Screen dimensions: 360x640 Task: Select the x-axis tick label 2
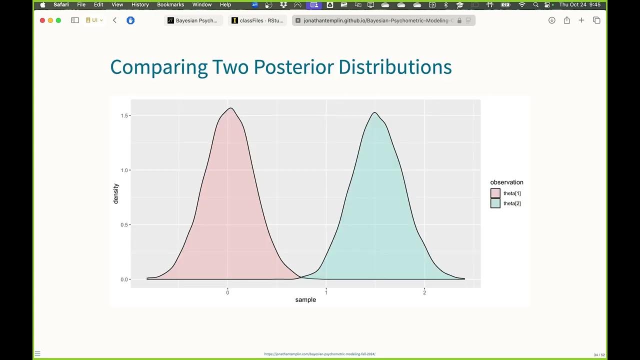click(424, 292)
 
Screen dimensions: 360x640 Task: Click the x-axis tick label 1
click(326, 292)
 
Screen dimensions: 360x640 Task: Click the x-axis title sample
click(305, 300)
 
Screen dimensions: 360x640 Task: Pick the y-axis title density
click(116, 193)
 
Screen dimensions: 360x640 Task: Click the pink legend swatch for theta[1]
click(495, 193)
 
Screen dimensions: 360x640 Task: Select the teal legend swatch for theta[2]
click(495, 203)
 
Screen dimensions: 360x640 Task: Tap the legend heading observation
click(506, 182)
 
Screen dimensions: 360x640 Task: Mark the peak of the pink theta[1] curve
click(230, 108)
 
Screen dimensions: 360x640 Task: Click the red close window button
click(42, 20)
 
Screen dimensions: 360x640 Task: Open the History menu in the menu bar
click(140, 4)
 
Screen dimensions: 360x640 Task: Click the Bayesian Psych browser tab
click(195, 20)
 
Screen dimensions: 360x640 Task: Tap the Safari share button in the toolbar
click(566, 20)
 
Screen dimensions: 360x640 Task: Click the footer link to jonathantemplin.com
click(319, 354)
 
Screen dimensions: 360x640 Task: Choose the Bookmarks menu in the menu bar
click(170, 4)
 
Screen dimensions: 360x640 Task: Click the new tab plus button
click(581, 20)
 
